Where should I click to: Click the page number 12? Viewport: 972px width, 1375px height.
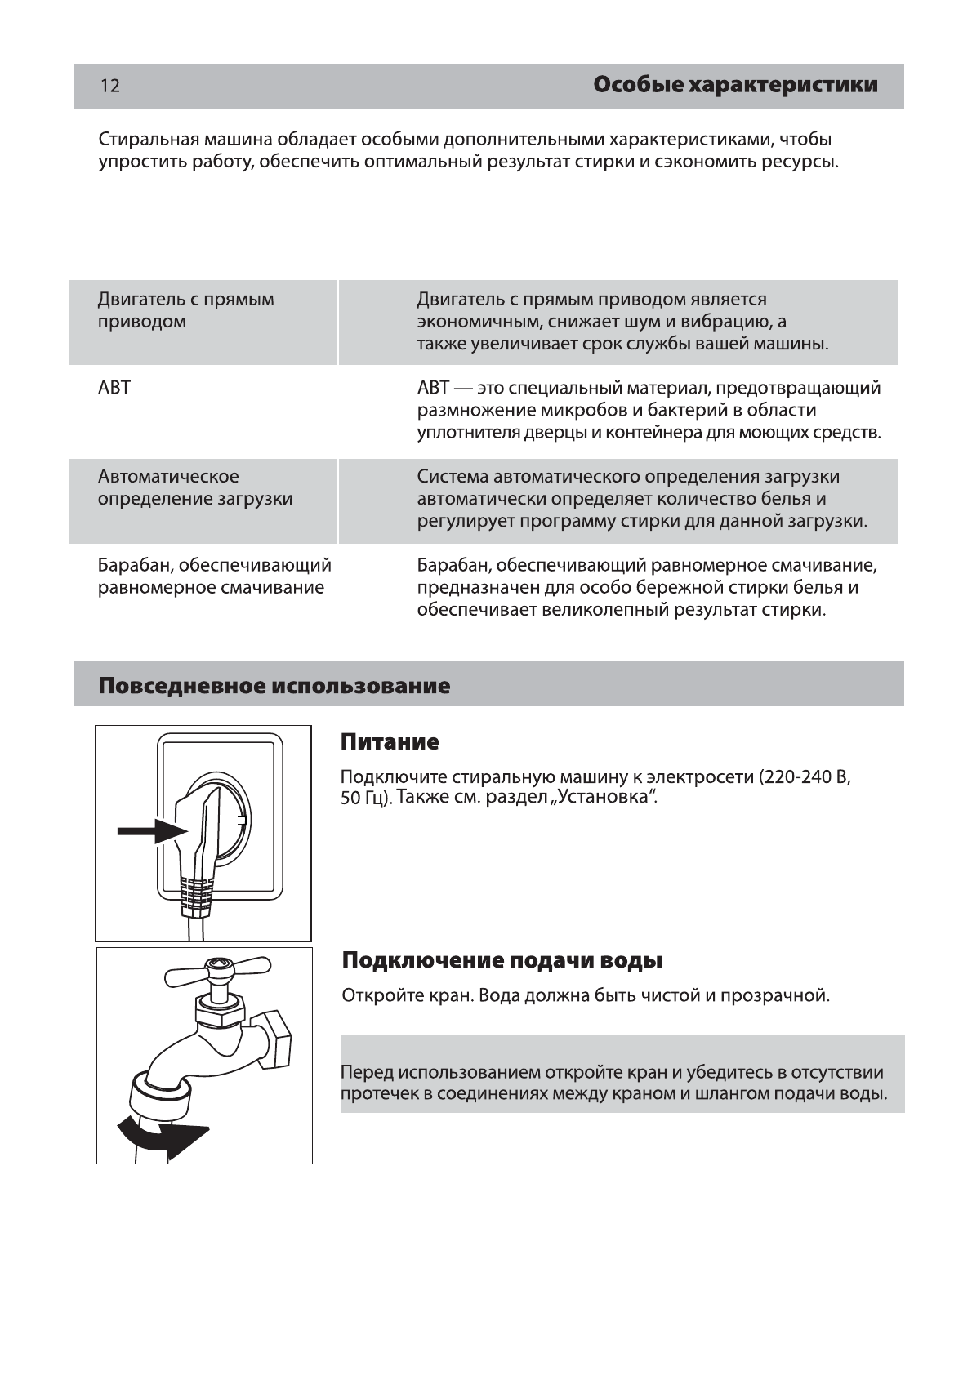point(110,86)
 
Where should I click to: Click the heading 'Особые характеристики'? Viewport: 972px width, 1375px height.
point(735,85)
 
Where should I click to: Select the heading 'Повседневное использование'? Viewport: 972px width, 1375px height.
point(274,685)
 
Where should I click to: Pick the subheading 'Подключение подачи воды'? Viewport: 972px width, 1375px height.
point(502,960)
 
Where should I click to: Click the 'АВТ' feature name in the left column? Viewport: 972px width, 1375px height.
point(114,388)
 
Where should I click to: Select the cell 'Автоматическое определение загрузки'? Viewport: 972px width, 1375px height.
point(195,487)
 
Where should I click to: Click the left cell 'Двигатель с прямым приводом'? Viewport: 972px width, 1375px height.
point(186,310)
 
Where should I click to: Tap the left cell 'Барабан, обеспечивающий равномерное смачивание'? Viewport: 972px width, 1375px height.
point(214,576)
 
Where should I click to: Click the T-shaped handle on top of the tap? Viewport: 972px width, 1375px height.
point(217,971)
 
